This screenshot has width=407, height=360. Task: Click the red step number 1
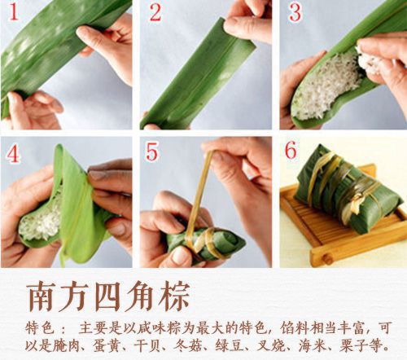coord(13,13)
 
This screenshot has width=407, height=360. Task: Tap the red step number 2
coord(155,13)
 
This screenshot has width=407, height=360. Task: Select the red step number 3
coord(295,13)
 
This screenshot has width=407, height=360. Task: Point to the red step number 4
coord(13,152)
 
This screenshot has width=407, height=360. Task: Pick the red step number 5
coord(154,152)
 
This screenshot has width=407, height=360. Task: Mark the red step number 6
coord(295,152)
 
